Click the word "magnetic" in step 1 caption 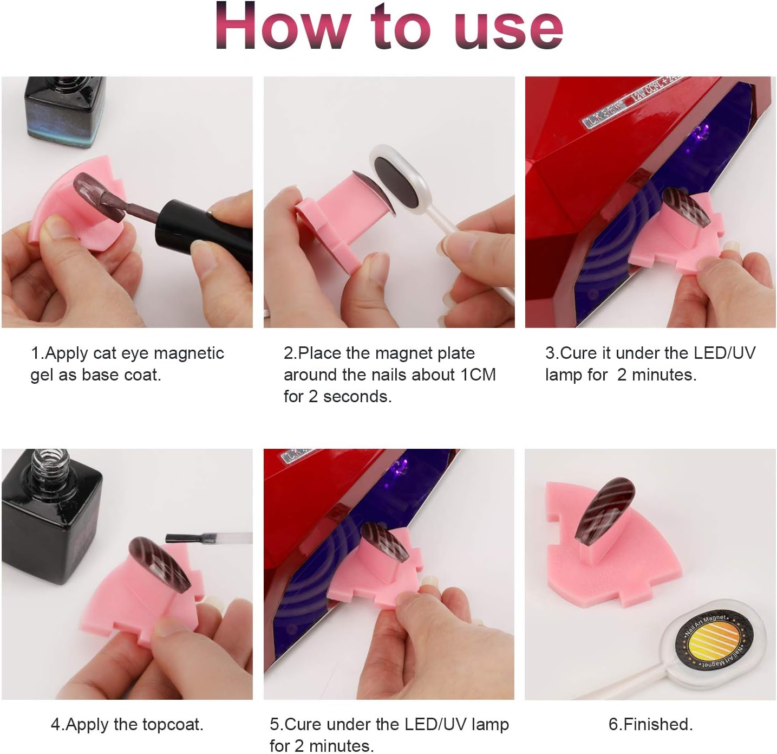(x=189, y=353)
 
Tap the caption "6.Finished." (x=650, y=724)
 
